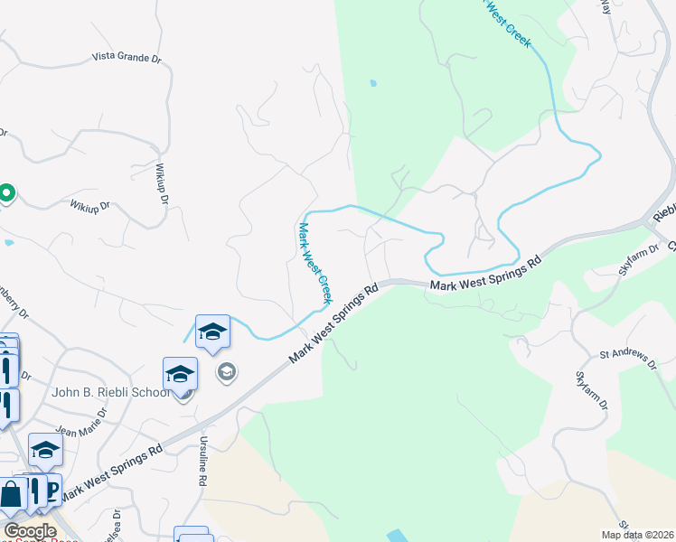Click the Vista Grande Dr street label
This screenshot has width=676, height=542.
[x=127, y=57]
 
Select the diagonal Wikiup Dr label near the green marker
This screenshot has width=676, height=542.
[x=89, y=206]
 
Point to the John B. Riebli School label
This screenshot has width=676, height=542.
[x=110, y=392]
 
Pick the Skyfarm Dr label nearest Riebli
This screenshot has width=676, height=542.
[x=635, y=265]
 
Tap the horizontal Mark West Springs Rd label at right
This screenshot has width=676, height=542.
[x=485, y=275]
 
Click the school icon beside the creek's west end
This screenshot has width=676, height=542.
[x=212, y=332]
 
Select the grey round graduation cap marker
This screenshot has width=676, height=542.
[x=226, y=371]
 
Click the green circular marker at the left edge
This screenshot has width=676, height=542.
[x=5, y=193]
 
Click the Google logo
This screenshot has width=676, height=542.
[x=30, y=531]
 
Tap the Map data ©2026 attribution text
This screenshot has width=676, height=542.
[x=638, y=535]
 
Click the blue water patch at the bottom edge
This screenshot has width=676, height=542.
[x=399, y=536]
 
